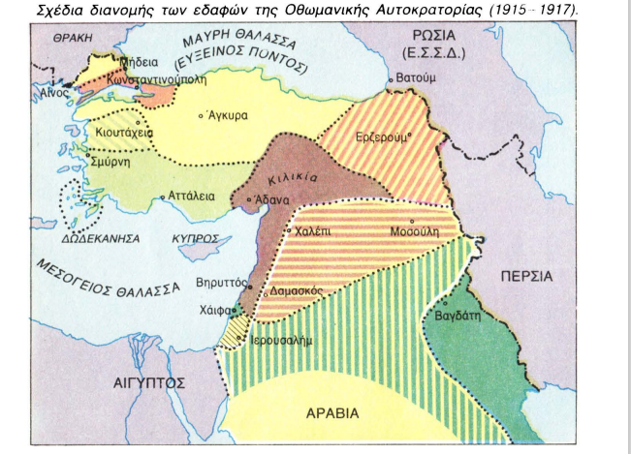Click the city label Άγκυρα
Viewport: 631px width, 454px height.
pyautogui.click(x=229, y=114)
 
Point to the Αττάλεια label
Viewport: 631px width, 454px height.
pyautogui.click(x=191, y=195)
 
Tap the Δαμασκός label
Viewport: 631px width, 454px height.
pyautogui.click(x=297, y=290)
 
